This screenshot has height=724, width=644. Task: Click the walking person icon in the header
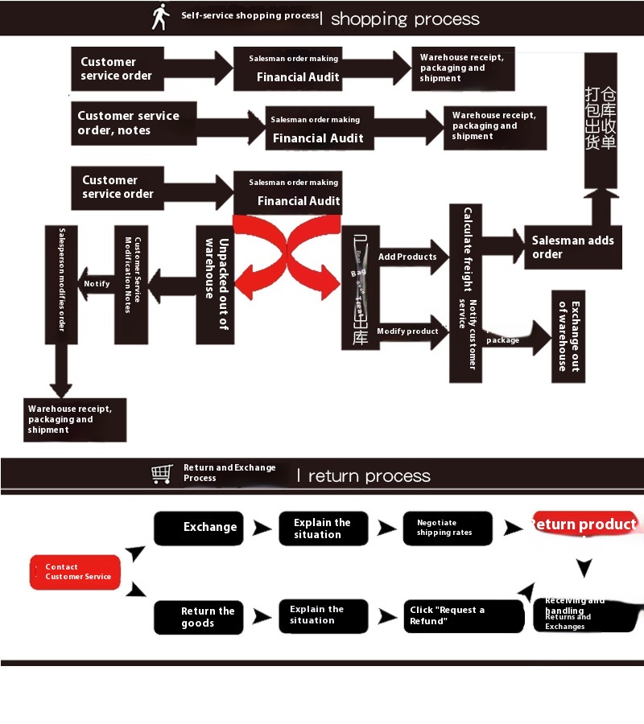tap(161, 16)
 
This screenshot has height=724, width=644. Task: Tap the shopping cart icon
tap(162, 474)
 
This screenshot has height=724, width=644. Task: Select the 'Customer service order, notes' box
tap(134, 123)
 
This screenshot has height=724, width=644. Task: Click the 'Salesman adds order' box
tap(573, 247)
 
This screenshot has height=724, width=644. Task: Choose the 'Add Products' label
tap(407, 257)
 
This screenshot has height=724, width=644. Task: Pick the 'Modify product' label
tap(407, 331)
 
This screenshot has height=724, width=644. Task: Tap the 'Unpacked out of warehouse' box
tap(216, 285)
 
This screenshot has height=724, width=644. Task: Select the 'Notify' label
tap(97, 284)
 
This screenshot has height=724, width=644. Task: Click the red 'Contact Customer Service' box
tap(76, 572)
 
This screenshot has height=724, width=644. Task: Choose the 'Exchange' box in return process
tap(199, 528)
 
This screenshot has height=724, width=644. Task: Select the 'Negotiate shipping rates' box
tap(447, 528)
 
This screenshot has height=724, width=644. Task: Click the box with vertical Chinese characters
tap(601, 121)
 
